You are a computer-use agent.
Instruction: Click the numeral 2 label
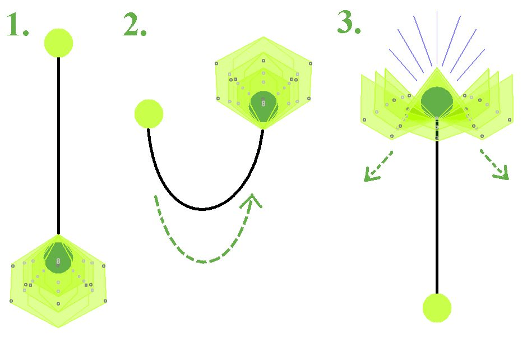135,25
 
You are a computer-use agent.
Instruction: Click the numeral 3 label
349,22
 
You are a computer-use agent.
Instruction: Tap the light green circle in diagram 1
58,43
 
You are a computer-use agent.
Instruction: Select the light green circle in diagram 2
149,114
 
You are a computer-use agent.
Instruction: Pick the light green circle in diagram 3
437,308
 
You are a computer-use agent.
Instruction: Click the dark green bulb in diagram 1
58,258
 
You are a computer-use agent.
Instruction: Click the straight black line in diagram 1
58,146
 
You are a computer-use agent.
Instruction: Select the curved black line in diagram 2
202,209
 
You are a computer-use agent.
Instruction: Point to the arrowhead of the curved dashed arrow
252,200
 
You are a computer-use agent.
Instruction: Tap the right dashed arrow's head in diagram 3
502,174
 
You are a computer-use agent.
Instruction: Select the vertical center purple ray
437,38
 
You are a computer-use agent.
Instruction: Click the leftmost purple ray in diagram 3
403,65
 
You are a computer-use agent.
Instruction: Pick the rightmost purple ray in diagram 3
471,65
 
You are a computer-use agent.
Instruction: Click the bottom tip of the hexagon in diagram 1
58,327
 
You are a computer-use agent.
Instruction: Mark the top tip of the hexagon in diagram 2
263,37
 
